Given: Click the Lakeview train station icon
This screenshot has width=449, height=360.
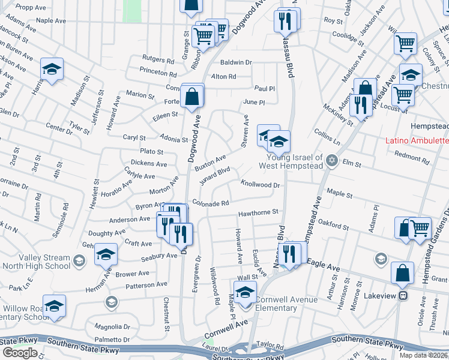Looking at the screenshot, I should click(x=404, y=295).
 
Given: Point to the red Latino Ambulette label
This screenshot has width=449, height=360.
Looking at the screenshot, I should click(x=417, y=141).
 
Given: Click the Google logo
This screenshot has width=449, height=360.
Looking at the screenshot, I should click(x=20, y=352).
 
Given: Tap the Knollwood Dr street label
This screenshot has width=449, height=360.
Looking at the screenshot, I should click(x=260, y=185).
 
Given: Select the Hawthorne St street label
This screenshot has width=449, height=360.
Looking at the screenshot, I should click(x=258, y=212).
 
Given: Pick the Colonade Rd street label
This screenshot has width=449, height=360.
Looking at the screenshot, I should click(x=211, y=203).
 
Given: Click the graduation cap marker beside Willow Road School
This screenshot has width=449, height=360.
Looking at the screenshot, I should click(x=54, y=307).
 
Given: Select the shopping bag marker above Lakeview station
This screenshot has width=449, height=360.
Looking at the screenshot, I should click(x=402, y=273).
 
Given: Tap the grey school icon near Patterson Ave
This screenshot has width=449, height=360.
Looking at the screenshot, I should click(x=110, y=301).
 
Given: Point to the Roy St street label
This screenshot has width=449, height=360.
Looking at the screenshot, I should click(x=333, y=20).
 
